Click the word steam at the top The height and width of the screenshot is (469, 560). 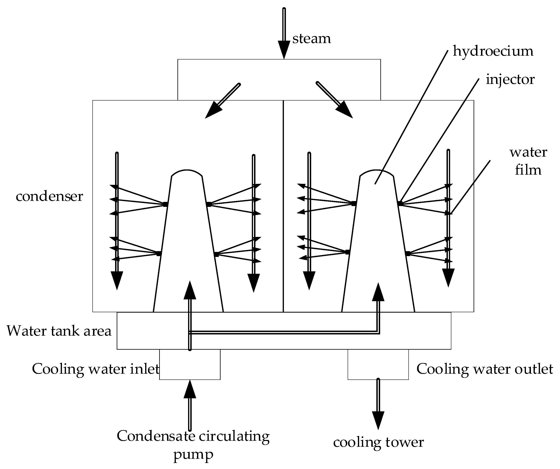coord(311,39)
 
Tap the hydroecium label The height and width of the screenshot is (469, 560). coord(493,51)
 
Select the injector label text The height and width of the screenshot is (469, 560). coord(510,80)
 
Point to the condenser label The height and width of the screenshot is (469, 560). coord(49,196)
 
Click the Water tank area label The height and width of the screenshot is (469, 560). coord(59,331)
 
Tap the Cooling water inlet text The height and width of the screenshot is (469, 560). coord(95,369)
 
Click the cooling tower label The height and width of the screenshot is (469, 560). coord(378,442)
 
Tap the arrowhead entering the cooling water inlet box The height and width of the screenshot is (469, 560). coord(190,389)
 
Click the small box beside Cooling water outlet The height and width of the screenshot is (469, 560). coord(378,364)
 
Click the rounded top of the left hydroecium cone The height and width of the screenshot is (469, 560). coord(187,172)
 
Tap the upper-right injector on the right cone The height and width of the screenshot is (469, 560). coord(400,203)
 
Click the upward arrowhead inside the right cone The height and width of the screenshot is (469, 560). coord(378,292)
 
